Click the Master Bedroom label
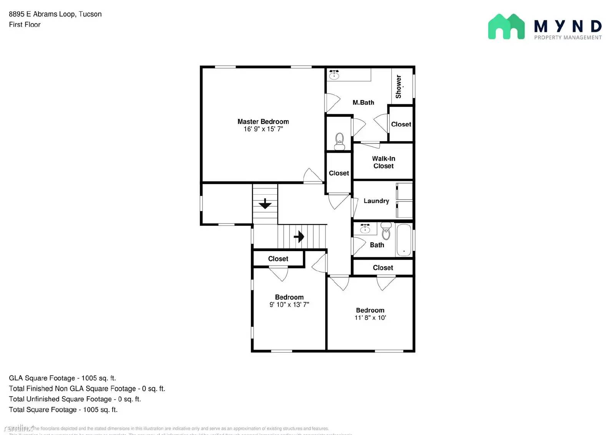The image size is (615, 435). coord(263,122)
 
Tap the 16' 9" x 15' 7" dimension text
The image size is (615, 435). coord(263,129)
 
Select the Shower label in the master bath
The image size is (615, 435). coord(399,87)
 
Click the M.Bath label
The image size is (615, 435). coord(363,102)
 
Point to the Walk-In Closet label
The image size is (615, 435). coord(383,162)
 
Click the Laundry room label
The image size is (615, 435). coord(376,201)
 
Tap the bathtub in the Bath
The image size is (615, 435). coord(404,240)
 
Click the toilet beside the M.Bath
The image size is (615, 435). coord(339,141)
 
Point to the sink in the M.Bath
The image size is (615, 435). coord(334,75)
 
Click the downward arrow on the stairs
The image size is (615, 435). coord(265,203)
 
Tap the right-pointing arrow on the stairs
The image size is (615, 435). coord(299,237)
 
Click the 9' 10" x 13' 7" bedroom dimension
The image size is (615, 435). coord(289,305)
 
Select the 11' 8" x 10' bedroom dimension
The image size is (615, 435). coord(370,318)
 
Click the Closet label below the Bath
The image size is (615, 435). coord(383,268)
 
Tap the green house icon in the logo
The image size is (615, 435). coord(506,27)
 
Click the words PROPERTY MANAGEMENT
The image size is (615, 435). coord(568,37)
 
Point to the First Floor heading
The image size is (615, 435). coord(25,25)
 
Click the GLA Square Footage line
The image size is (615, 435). coord(62,378)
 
